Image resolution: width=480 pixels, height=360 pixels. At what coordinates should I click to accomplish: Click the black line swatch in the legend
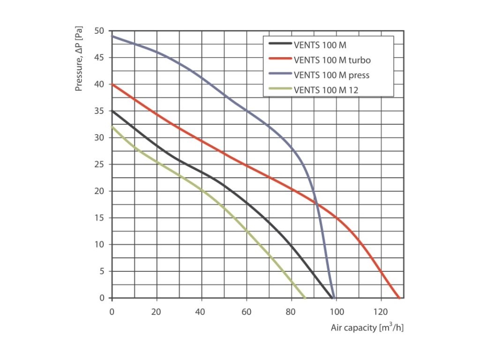(280, 45)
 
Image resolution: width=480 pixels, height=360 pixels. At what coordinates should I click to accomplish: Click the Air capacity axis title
(367, 327)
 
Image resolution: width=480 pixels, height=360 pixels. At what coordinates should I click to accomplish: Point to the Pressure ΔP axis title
(80, 59)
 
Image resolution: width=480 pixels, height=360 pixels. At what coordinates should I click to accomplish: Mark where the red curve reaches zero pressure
(399, 298)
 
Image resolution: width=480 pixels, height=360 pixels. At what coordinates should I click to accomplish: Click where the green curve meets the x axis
(305, 298)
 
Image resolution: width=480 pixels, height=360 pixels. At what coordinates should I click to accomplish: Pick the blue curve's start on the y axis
(112, 36)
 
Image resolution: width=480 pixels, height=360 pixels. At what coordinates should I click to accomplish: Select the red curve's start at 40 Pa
(112, 84)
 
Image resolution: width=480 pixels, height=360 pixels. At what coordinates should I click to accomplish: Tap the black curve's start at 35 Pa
(112, 111)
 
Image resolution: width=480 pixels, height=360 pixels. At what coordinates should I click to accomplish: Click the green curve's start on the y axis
(112, 127)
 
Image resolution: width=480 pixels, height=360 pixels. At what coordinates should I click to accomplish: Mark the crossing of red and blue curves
(317, 203)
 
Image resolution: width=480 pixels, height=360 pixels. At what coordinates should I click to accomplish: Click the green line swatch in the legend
(280, 90)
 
